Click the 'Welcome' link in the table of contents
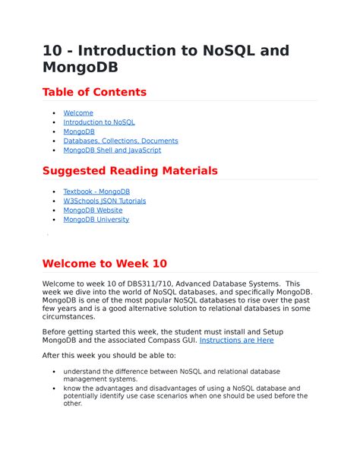click(x=78, y=113)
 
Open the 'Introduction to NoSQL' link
click(x=99, y=122)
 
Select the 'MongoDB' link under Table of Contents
click(x=79, y=132)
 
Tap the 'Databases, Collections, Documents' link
click(x=121, y=141)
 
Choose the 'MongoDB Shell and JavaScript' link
click(x=112, y=150)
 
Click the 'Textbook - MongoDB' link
click(x=96, y=192)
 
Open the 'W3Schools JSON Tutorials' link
click(x=105, y=201)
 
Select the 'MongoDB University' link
click(x=96, y=219)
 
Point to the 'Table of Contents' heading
click(x=94, y=92)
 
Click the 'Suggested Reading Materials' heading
click(x=130, y=170)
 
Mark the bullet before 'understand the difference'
click(x=52, y=371)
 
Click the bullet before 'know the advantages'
click(x=52, y=388)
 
